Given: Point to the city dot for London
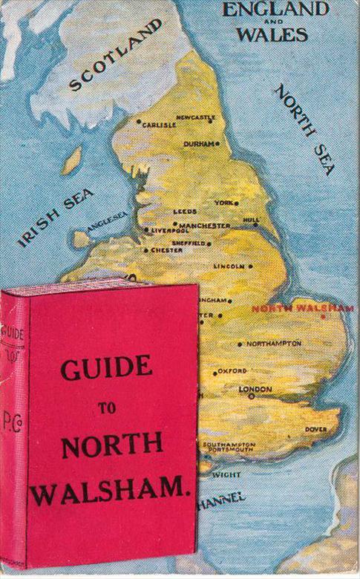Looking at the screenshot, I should pos(252,396).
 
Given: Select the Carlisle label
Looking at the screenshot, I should pos(159,125).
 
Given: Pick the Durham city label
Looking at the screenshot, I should pos(198,143).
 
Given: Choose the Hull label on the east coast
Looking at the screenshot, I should pos(252,220).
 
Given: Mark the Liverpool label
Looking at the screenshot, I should pos(171,231).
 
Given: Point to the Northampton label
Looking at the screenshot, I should pos(273,344).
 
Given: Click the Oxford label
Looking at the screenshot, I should pos(232,370).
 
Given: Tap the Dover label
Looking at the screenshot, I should pos(315,429).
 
